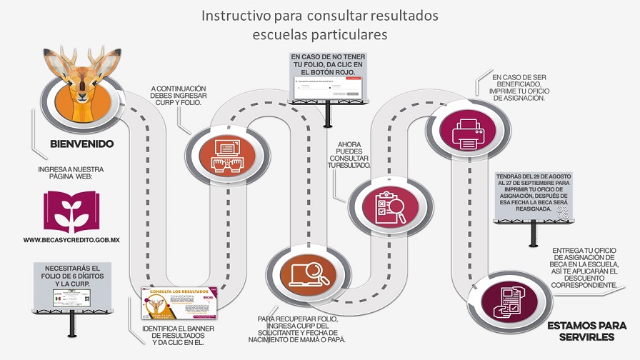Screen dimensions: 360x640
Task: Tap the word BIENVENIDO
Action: tap(81, 144)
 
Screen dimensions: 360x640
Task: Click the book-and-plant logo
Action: tap(71, 211)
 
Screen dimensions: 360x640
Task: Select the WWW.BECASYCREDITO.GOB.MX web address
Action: tap(71, 240)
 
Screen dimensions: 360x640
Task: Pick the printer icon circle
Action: tap(468, 131)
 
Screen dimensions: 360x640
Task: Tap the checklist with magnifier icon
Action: tap(390, 206)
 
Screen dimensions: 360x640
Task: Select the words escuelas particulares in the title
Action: tap(319, 34)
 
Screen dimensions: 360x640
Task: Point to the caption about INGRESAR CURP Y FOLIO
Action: tap(176, 96)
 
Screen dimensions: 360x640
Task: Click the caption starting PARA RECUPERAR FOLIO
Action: tap(302, 329)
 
